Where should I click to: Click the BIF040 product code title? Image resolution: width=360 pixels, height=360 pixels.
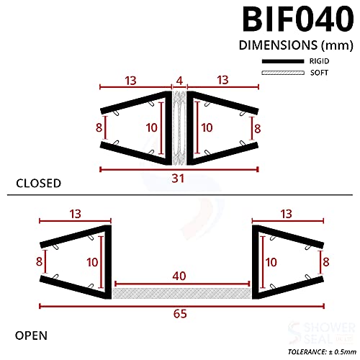pos(289,20)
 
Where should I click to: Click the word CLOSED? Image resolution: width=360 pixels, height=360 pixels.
pos(38,184)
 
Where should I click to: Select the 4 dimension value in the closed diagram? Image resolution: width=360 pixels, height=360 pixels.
pos(180,78)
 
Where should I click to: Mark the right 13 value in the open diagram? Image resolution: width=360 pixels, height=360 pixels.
pos(285,213)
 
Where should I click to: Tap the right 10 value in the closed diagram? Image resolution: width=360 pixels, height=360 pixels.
pos(207,127)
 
